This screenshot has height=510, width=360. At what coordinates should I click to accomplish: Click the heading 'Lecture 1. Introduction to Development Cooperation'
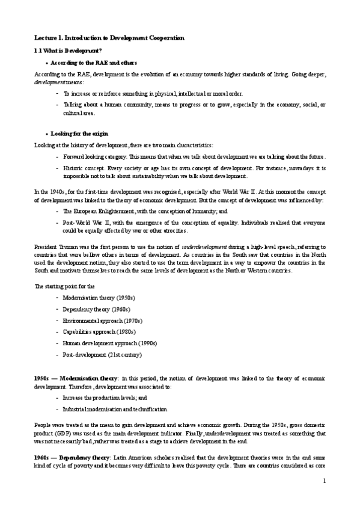pyautogui.click(x=109, y=38)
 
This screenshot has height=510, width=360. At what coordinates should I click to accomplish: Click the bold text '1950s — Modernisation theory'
pyautogui.click(x=76, y=378)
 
